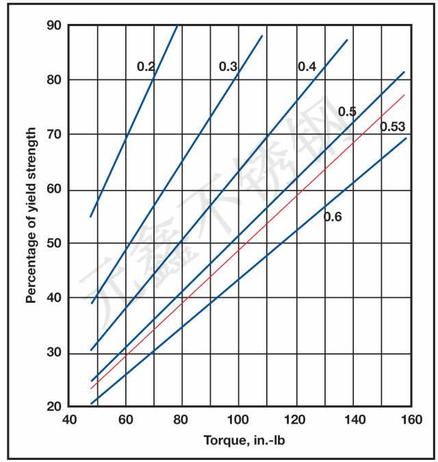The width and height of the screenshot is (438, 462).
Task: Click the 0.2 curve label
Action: pos(146,66)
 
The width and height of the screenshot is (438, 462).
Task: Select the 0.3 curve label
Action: pos(228,66)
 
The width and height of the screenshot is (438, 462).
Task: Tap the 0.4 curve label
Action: pos(307,66)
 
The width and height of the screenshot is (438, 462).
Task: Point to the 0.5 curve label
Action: pos(347,111)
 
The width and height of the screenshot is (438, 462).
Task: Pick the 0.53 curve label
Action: pos(393,126)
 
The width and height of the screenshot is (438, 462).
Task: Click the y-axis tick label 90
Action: pos(54,26)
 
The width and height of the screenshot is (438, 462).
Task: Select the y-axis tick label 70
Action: pos(54,135)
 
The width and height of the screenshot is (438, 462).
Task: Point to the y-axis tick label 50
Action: pos(54,244)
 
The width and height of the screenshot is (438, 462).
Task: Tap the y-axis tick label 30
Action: pos(54,353)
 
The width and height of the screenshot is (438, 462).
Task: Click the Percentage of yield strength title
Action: pos(31,217)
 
